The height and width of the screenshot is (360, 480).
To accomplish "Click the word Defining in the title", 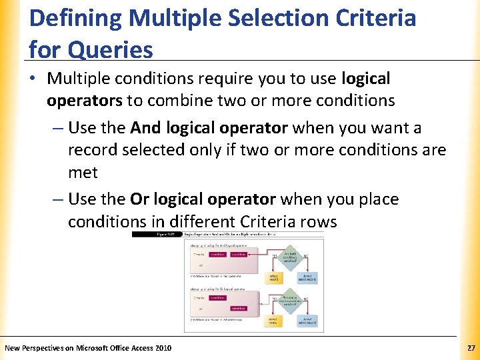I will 75,18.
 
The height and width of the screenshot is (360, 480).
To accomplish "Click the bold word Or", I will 139,199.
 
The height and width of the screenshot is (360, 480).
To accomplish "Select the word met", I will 83,173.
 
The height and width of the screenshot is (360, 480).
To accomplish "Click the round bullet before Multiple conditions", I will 34,79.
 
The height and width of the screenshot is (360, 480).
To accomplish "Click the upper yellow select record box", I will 274,277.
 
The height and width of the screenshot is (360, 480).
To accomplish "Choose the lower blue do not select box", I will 307,321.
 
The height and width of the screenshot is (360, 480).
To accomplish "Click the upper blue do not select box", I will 307,277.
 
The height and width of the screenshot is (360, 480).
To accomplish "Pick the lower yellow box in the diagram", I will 274,321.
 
